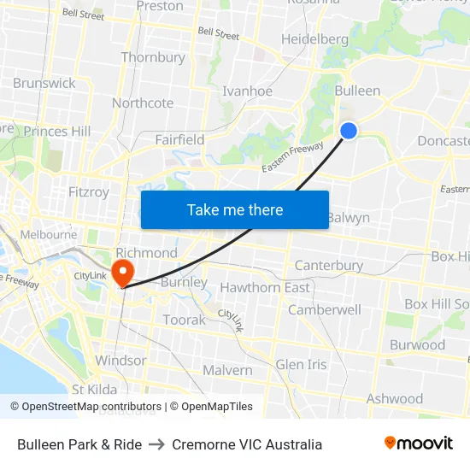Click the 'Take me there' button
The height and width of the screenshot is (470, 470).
pyautogui.click(x=235, y=209)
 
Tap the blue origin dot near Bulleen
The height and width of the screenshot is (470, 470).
pyautogui.click(x=349, y=130)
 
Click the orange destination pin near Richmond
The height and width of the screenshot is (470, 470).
pyautogui.click(x=123, y=272)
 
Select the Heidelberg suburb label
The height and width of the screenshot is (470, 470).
pyautogui.click(x=314, y=39)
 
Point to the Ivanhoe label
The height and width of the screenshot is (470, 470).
pyautogui.click(x=247, y=91)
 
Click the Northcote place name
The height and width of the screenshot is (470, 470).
pyautogui.click(x=143, y=103)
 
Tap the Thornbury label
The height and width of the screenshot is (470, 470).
pyautogui.click(x=153, y=57)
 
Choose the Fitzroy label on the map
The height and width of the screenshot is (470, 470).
pyautogui.click(x=89, y=192)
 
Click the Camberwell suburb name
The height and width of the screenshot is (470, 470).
pyautogui.click(x=324, y=310)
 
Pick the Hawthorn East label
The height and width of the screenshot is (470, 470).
pyautogui.click(x=265, y=288)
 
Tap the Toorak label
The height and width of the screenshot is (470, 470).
pyautogui.click(x=185, y=320)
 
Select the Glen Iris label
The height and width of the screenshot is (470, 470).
pyautogui.click(x=301, y=365)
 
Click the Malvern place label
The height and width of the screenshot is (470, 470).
pyautogui.click(x=227, y=370)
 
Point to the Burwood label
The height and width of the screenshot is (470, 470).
pyautogui.click(x=417, y=345)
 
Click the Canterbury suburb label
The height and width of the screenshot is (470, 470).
pyautogui.click(x=329, y=266)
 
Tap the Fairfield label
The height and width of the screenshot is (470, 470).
pyautogui.click(x=179, y=139)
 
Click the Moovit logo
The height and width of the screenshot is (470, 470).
pyautogui.click(x=418, y=444)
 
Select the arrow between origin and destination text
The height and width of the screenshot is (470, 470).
pyautogui.click(x=156, y=444)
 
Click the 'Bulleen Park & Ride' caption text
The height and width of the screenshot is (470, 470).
pyautogui.click(x=79, y=444)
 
